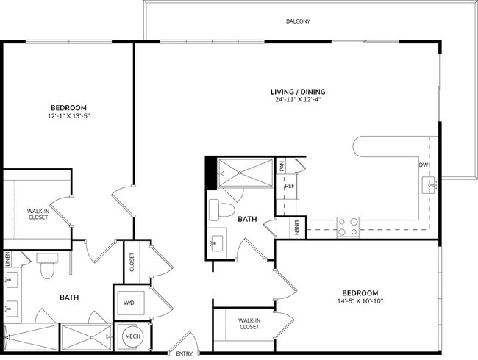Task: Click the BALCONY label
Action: [298, 21]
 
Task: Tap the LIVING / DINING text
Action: [297, 92]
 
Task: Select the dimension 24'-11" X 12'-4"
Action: [297, 100]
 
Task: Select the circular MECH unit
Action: [132, 336]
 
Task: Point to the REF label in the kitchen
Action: [289, 187]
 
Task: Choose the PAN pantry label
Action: [281, 167]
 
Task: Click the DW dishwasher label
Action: [424, 165]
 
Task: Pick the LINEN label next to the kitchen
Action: [296, 228]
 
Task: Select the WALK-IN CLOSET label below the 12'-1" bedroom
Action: [27, 214]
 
